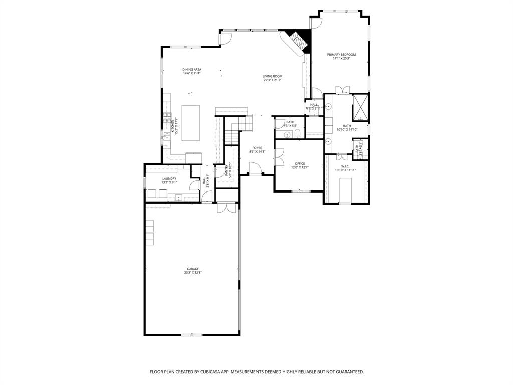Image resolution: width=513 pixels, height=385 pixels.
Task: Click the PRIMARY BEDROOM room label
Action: point(341,55)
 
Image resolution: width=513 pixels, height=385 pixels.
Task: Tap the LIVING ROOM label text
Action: point(272,77)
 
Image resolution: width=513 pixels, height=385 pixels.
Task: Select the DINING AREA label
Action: point(191,70)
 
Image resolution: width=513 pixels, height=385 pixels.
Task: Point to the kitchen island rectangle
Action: point(190,123)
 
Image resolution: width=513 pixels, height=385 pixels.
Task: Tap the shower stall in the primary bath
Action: point(360,106)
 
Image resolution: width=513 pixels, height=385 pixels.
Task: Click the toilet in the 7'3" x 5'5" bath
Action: point(297,133)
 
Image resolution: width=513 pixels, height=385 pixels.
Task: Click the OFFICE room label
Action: point(300,164)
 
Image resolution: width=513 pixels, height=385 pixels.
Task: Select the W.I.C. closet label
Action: point(345,166)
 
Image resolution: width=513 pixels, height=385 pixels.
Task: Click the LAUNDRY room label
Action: point(169,179)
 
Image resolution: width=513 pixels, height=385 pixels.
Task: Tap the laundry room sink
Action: point(178,197)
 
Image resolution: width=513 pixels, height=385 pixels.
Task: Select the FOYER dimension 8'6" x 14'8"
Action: point(257,152)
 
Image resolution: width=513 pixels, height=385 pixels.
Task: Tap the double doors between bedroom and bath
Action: point(342,90)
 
